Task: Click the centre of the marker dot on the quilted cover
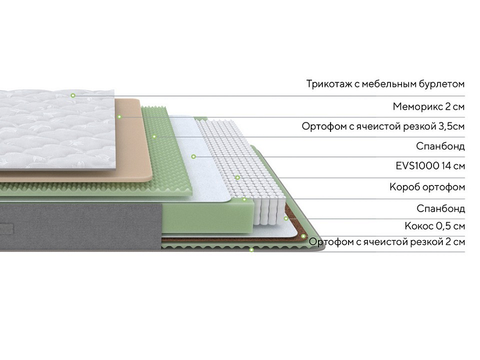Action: click(73, 95)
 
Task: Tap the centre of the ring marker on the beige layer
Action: click(119, 117)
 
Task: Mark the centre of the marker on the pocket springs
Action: click(238, 178)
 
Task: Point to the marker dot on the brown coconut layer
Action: click(303, 236)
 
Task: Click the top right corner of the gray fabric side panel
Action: click(162, 203)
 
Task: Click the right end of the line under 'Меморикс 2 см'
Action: click(465, 117)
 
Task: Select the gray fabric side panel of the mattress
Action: click(81, 227)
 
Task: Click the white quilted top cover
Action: click(58, 130)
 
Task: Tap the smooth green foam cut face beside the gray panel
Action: click(208, 216)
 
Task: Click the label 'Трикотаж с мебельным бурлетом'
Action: click(386, 84)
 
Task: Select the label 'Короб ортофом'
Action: click(427, 187)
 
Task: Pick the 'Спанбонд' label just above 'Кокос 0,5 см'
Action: click(441, 208)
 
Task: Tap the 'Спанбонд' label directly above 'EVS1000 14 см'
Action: click(440, 146)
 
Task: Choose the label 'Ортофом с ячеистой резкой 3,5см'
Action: click(383, 126)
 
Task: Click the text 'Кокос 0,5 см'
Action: click(435, 226)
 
